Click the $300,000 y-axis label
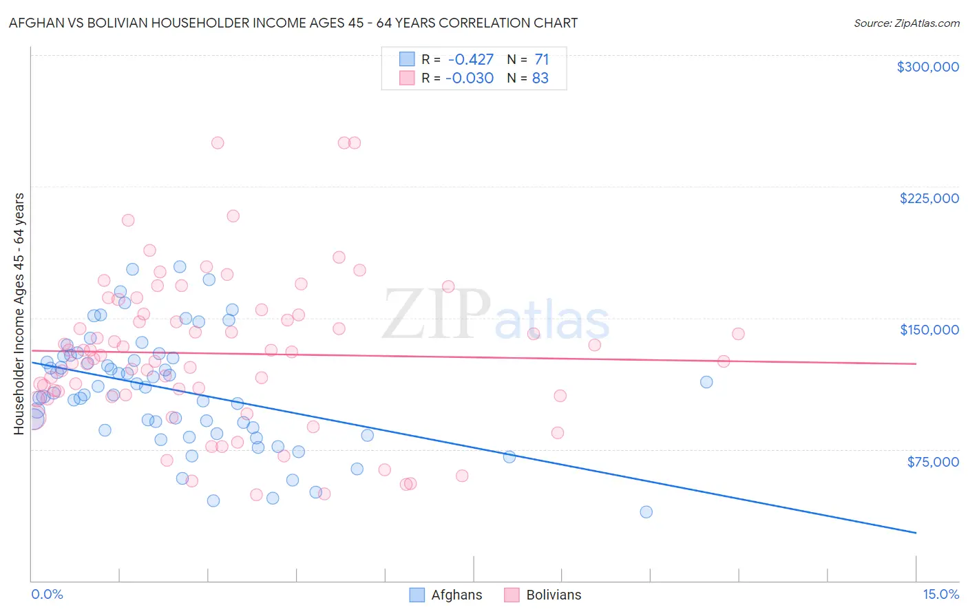click(927, 67)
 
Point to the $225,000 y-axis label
click(929, 198)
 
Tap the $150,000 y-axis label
click(929, 330)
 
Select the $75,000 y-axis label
click(932, 462)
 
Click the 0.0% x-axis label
click(48, 595)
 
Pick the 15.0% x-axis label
click(940, 595)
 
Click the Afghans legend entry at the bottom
click(445, 595)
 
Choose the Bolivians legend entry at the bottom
click(543, 595)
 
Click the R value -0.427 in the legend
click(470, 59)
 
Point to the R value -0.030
click(470, 78)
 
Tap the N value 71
click(541, 59)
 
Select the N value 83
click(540, 78)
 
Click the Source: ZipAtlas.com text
click(906, 23)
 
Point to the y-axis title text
click(19, 314)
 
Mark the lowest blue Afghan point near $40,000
click(646, 512)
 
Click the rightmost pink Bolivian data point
click(738, 334)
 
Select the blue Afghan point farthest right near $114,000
click(706, 382)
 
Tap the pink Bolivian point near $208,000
click(233, 216)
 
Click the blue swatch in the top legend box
click(407, 59)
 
